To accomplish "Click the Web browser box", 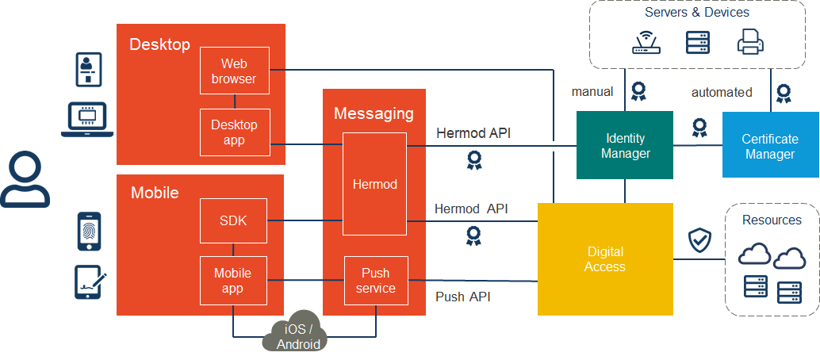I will [234, 71].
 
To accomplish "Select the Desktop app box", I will [234, 132].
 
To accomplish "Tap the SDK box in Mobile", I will [233, 221].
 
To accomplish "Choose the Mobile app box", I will [233, 281].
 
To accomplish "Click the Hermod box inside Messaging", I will [374, 184].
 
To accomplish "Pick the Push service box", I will [375, 281].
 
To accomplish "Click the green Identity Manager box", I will [625, 146].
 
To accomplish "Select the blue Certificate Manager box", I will [770, 146].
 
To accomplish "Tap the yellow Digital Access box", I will [605, 259].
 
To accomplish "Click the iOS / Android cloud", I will [298, 335].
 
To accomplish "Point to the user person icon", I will [25, 181].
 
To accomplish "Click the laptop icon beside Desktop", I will [88, 119].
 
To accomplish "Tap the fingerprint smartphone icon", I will [89, 231].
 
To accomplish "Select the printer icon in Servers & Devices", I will [750, 41].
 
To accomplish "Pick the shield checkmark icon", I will [699, 239].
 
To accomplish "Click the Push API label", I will [463, 297].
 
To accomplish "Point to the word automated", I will [722, 92].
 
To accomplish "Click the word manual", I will [592, 91].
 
